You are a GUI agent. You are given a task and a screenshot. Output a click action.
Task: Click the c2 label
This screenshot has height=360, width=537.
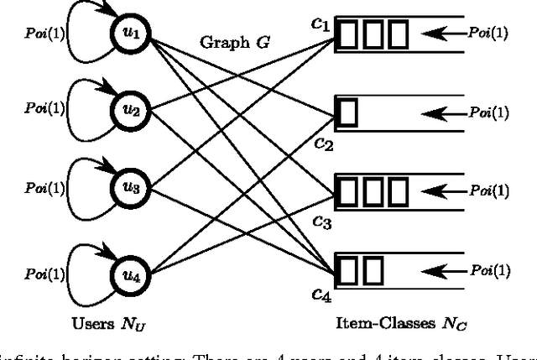click(324, 143)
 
